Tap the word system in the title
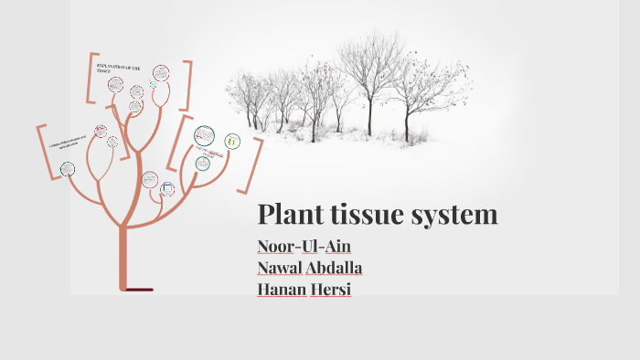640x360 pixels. pos(456,215)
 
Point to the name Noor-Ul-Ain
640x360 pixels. pos(304,247)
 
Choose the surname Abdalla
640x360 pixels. pos(339,268)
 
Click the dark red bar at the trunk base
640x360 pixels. pos(137,290)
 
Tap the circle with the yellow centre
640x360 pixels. pos(232,142)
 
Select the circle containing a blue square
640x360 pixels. pos(167,189)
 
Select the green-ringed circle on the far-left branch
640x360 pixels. pos(67,168)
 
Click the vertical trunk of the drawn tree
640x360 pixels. pos(123,256)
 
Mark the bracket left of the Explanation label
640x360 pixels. pos(90,79)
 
